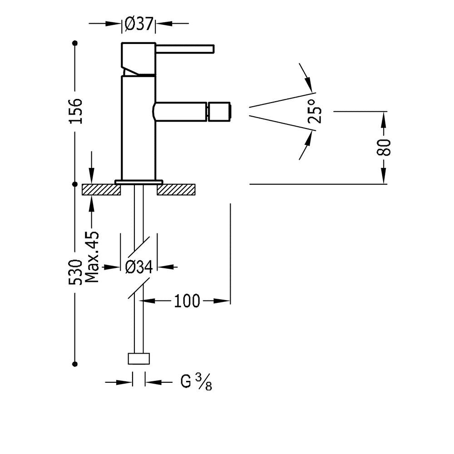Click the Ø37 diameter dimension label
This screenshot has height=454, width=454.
tap(139, 24)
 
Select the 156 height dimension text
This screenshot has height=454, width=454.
tap(76, 110)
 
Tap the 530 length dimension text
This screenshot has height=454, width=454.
tap(75, 272)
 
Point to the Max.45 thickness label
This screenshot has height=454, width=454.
tap(92, 257)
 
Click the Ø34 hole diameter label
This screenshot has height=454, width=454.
tap(138, 268)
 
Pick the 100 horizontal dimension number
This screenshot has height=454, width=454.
tap(186, 301)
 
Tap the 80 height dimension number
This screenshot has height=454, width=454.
tap(384, 148)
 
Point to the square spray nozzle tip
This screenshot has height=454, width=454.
tap(220, 112)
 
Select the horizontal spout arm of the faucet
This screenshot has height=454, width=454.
tap(179, 112)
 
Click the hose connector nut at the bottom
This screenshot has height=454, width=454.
tap(139, 358)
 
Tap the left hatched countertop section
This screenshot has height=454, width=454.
tap(100, 189)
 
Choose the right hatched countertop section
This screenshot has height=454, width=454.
tap(177, 189)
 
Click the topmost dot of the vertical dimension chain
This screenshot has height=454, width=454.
tap(75, 44)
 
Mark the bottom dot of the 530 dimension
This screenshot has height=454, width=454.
tap(75, 363)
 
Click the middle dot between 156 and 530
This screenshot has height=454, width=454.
tap(75, 185)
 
